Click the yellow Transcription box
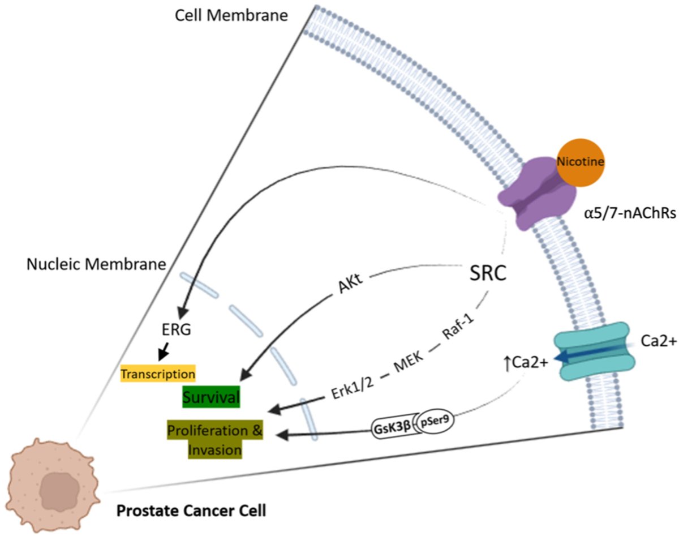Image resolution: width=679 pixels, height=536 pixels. pyautogui.click(x=158, y=374)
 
